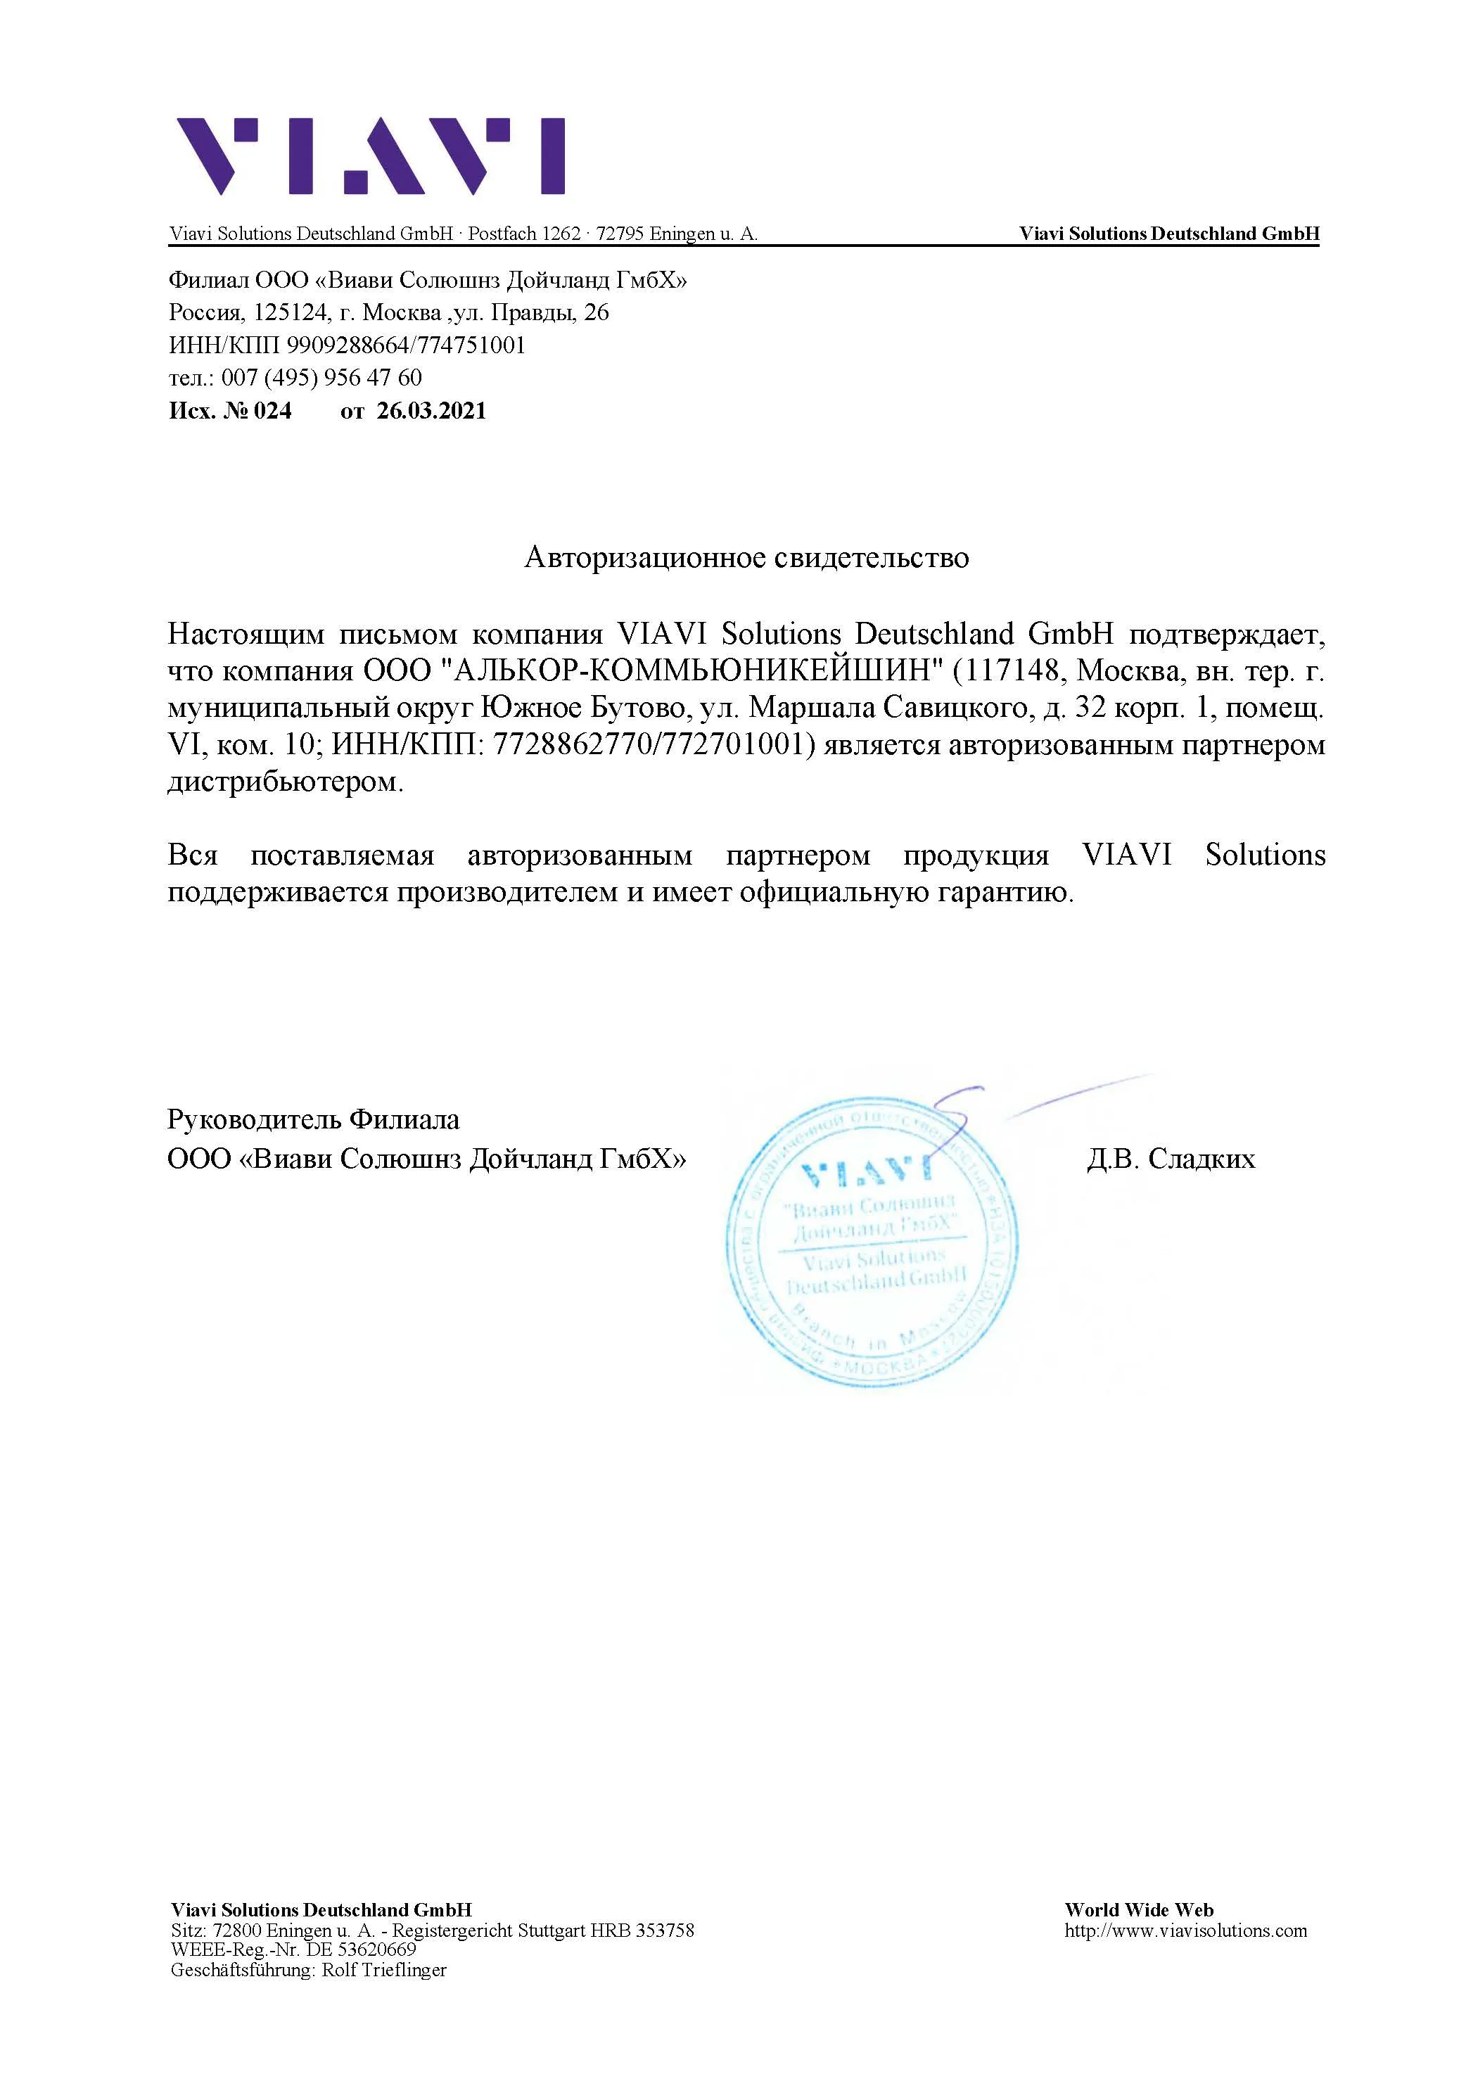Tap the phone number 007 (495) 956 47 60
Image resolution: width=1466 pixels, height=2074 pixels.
tap(321, 378)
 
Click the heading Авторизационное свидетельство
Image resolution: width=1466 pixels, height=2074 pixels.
tap(746, 557)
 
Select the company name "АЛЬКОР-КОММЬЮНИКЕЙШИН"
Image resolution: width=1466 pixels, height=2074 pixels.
tap(691, 671)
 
